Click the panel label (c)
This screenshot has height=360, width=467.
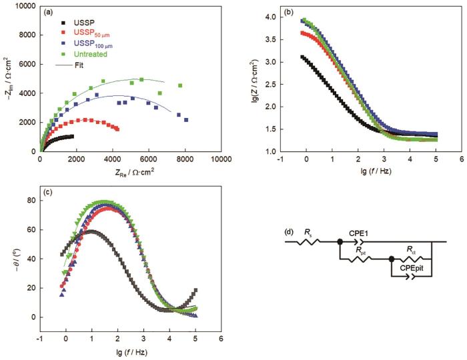[x=49, y=193]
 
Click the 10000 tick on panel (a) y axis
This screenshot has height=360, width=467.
[x=25, y=6]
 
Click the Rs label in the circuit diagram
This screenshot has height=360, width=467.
[x=308, y=233]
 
